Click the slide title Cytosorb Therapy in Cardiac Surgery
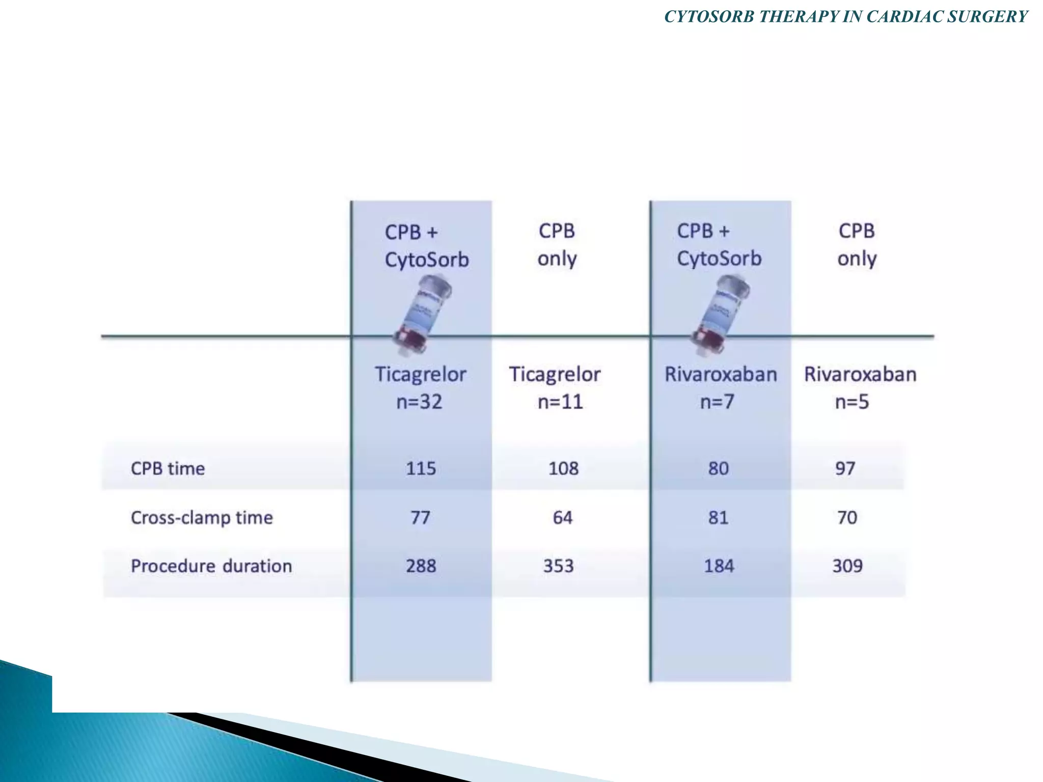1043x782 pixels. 846,17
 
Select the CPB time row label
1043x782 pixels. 168,468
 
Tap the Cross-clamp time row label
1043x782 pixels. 202,518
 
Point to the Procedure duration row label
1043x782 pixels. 211,566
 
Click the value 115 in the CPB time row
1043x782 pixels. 421,468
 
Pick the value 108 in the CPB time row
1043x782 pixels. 563,468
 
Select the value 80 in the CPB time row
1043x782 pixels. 718,468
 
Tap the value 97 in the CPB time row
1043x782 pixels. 845,468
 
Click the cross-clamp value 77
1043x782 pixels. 420,518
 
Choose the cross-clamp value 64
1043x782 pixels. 562,518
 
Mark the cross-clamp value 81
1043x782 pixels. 718,518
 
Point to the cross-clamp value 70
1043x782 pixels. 847,518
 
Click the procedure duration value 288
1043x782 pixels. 421,566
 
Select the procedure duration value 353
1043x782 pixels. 558,566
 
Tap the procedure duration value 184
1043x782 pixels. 719,566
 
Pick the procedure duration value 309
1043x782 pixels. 847,566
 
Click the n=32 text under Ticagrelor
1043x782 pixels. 419,402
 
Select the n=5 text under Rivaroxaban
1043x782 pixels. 852,402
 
